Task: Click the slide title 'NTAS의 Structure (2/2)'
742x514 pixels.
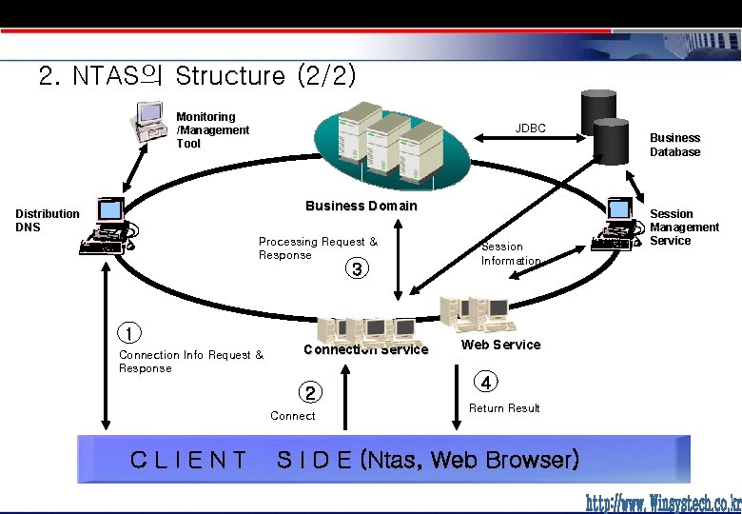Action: [x=198, y=75]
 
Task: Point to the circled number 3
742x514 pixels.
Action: [x=356, y=269]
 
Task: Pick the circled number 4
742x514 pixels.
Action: [x=486, y=383]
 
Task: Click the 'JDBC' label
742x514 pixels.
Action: [x=530, y=128]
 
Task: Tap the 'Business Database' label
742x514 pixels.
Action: [x=674, y=145]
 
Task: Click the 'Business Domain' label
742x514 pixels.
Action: [x=361, y=206]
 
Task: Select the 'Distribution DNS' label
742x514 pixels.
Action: [x=48, y=220]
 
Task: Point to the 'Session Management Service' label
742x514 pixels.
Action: [x=684, y=227]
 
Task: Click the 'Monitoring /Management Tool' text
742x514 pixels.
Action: [x=212, y=129]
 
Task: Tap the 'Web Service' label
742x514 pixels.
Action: [x=500, y=345]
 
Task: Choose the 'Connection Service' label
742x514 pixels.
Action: [x=365, y=349]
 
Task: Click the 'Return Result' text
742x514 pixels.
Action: [x=504, y=408]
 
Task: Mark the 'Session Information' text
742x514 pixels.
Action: [x=511, y=253]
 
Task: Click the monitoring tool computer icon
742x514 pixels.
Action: [x=149, y=122]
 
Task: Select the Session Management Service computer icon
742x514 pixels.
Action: [x=615, y=226]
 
